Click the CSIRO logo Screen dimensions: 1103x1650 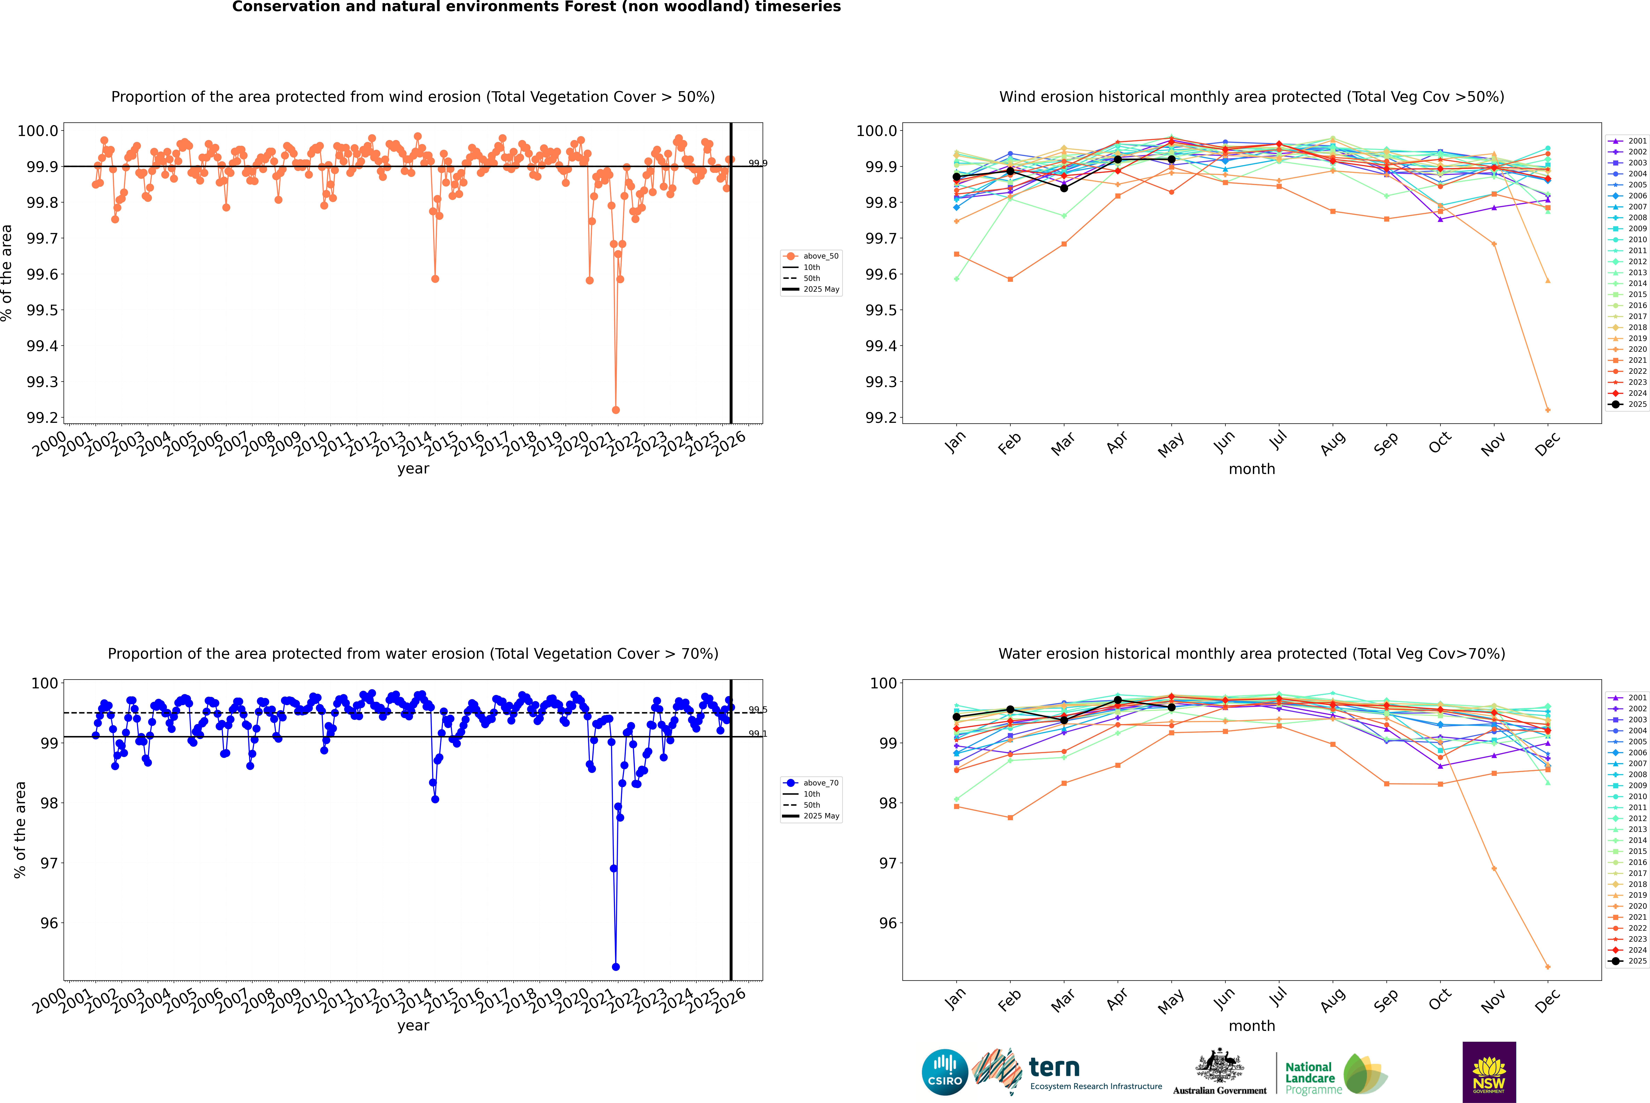coord(945,1072)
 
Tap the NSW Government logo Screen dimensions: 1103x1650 coord(1489,1072)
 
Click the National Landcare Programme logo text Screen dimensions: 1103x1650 coord(1310,1078)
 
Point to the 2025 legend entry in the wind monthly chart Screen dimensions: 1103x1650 coord(1630,405)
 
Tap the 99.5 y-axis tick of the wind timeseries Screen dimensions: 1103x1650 coord(42,310)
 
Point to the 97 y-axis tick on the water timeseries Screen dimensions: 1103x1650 coord(49,863)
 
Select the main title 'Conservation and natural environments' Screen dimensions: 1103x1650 coord(536,7)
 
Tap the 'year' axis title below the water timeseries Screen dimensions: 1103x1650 coord(413,1026)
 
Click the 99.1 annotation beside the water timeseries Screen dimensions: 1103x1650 coord(758,734)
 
